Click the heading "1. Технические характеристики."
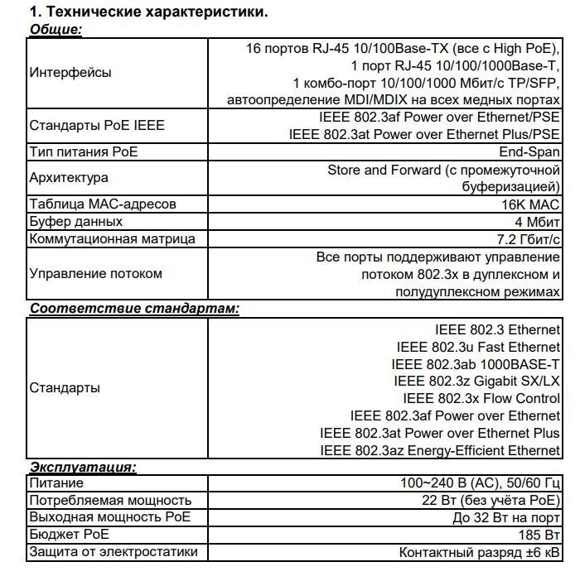point(149,12)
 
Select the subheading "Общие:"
point(56,30)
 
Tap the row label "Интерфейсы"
point(70,73)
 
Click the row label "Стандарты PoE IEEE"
point(97,126)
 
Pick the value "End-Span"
point(529,151)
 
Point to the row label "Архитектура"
point(69,177)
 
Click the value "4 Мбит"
point(537,221)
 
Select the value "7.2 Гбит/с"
point(524,239)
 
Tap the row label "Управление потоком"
point(95,274)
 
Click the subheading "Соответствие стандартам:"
point(134,309)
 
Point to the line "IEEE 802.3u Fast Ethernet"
point(478,347)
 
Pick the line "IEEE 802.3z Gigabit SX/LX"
point(476,381)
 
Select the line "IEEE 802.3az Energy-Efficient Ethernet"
point(440,450)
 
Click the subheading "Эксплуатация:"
point(83,467)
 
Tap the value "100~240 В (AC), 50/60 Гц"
point(480,483)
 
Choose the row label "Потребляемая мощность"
point(110,500)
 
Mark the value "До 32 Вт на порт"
point(506,517)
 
